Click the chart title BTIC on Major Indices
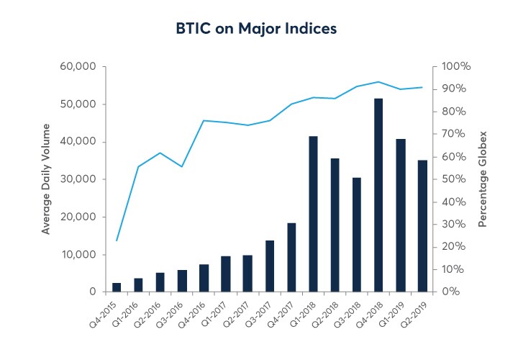[x=257, y=30]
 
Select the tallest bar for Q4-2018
[x=378, y=195]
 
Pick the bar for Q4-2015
[x=117, y=287]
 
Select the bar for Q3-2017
[x=270, y=266]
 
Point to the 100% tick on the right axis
[x=456, y=67]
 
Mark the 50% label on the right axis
[x=453, y=179]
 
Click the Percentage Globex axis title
[x=483, y=179]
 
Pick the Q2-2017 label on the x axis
[x=235, y=313]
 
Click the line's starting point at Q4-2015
[x=117, y=240]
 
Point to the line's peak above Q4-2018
[x=378, y=82]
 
